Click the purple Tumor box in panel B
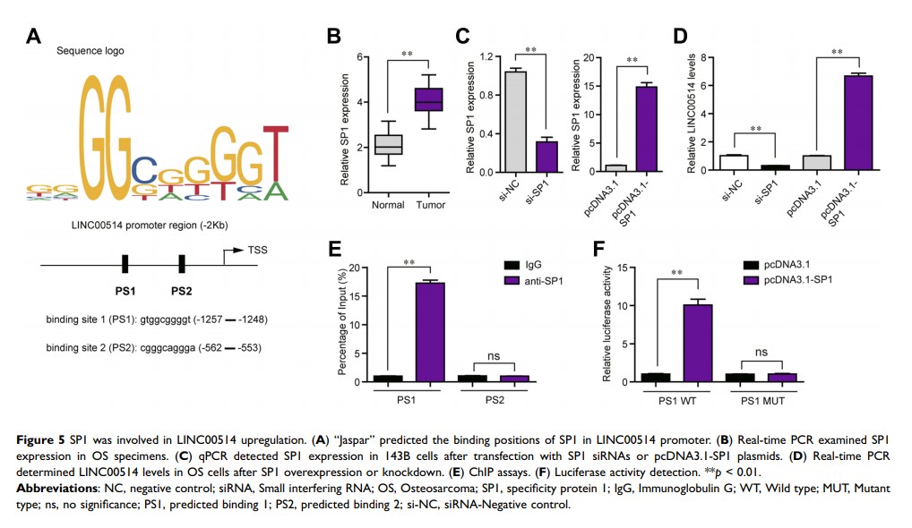click(432, 99)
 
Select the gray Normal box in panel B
click(388, 144)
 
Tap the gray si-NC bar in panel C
click(514, 121)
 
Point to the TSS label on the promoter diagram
click(258, 251)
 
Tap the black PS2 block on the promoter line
click(182, 264)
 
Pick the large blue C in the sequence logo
click(143, 169)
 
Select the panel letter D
click(681, 37)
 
